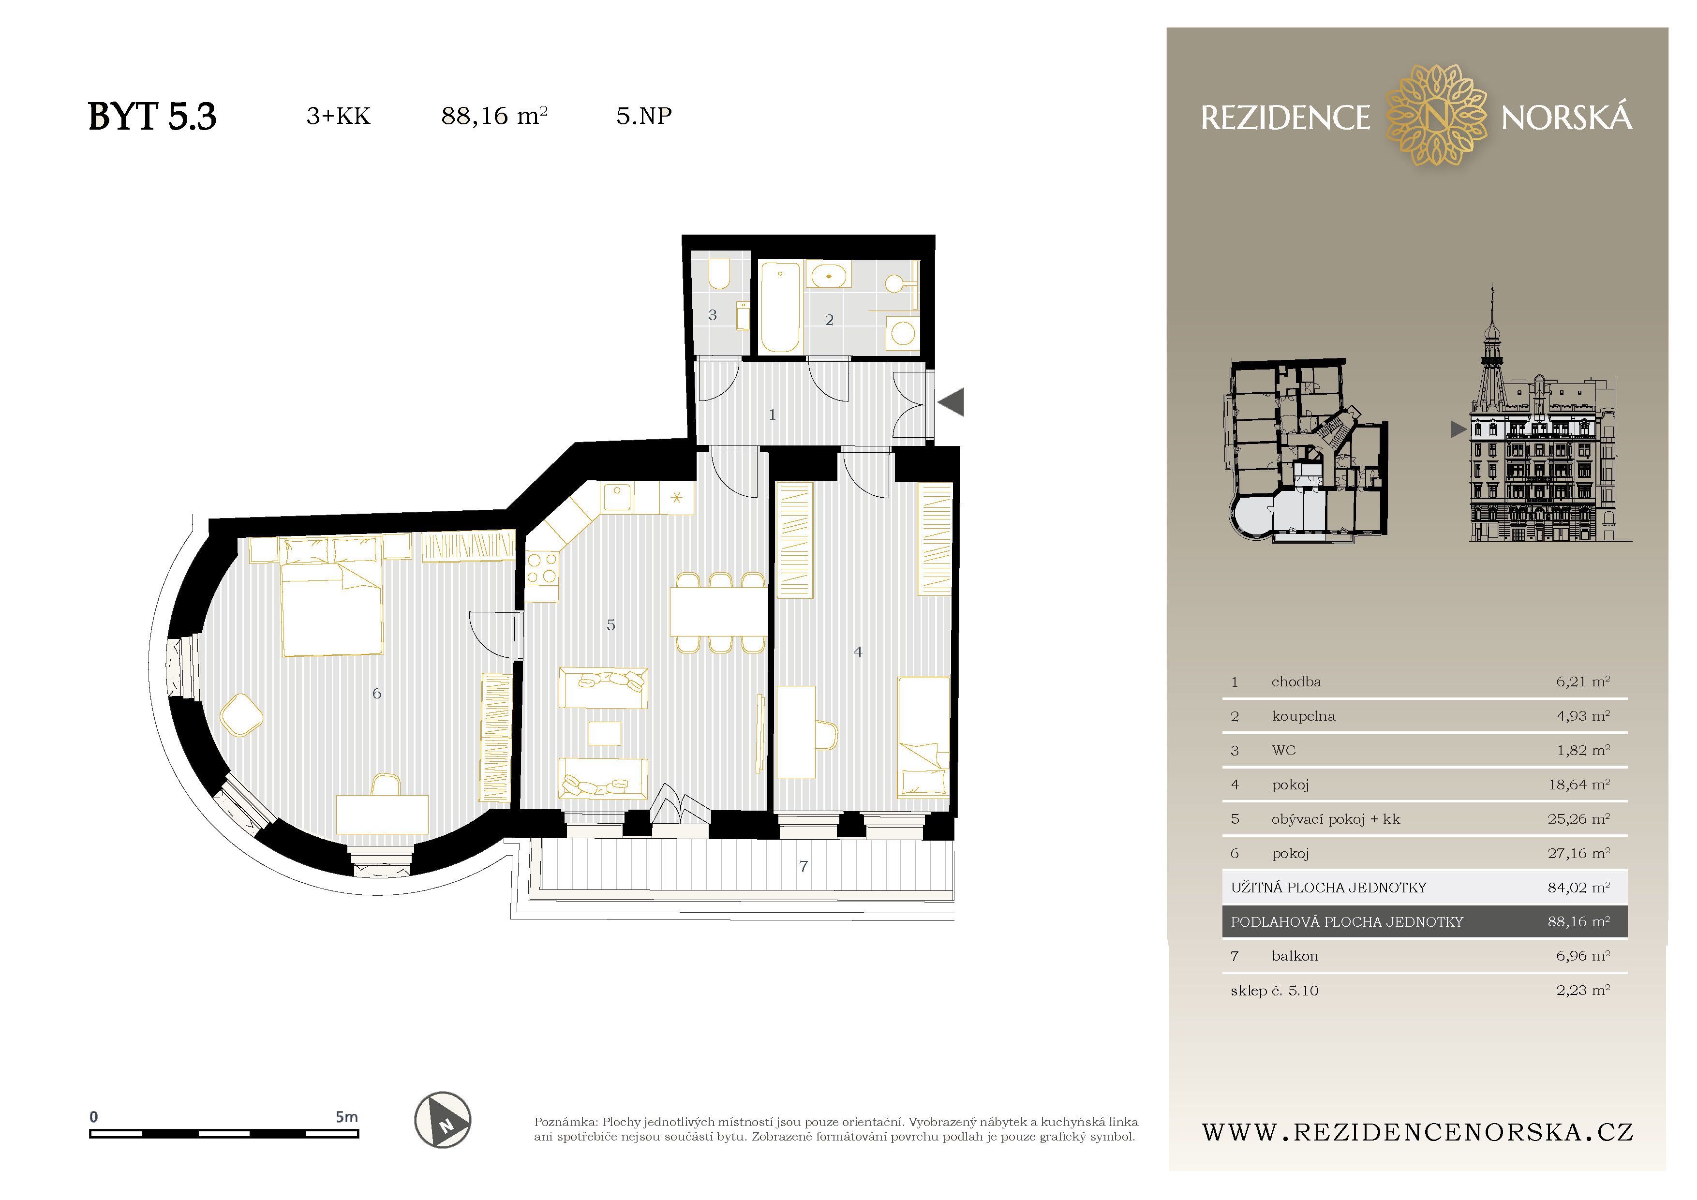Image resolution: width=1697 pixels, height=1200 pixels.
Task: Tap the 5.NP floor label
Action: [644, 116]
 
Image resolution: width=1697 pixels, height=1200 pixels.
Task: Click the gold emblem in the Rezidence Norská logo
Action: [1435, 115]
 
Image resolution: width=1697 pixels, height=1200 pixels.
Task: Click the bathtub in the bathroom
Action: [780, 307]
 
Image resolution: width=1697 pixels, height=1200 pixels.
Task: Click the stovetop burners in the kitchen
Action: [542, 569]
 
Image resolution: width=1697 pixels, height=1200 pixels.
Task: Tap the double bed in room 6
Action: [331, 597]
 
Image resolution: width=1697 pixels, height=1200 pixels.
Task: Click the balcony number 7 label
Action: [804, 866]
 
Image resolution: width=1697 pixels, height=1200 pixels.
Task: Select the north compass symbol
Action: [442, 1120]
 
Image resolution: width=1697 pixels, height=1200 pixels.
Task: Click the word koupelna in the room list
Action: [1303, 716]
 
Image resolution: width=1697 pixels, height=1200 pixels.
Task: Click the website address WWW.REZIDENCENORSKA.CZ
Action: [1417, 1132]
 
